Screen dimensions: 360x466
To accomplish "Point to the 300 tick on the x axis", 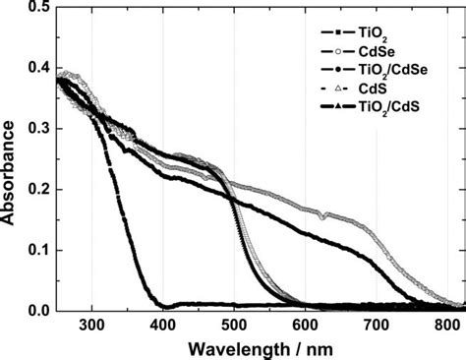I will (92, 327).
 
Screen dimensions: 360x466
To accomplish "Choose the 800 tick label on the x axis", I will (448, 327).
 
